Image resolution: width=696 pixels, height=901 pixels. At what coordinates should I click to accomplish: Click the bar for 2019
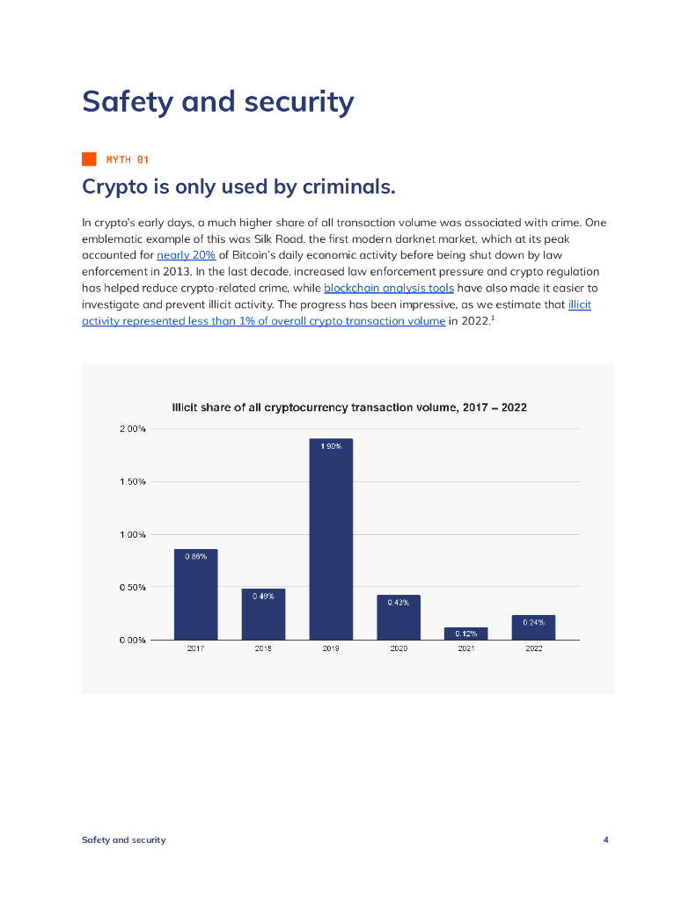click(331, 538)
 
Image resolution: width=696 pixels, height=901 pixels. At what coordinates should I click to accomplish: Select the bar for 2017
click(195, 594)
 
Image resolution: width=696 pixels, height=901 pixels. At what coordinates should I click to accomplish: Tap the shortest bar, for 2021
click(465, 634)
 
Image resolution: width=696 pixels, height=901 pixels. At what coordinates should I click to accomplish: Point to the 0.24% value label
click(533, 622)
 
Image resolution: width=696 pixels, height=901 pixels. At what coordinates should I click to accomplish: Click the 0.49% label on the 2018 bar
click(263, 596)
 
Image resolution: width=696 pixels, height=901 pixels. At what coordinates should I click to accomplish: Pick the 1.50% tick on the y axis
click(133, 482)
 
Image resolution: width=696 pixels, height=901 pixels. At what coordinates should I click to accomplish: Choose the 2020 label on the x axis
click(399, 648)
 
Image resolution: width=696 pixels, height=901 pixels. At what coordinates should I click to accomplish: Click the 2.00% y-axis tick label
click(133, 429)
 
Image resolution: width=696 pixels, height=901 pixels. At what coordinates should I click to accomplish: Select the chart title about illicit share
click(348, 407)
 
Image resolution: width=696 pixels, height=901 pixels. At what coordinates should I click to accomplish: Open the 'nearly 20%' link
click(186, 254)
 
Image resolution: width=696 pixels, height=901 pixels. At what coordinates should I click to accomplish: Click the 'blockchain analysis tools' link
click(389, 288)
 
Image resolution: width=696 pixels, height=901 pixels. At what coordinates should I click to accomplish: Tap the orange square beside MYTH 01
click(89, 159)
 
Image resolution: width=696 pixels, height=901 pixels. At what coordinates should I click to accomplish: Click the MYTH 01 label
click(128, 159)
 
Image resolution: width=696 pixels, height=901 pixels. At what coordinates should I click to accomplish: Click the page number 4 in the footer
click(605, 839)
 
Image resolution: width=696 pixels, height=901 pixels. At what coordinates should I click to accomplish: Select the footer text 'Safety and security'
click(123, 839)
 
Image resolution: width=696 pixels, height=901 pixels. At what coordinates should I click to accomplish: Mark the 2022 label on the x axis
click(533, 648)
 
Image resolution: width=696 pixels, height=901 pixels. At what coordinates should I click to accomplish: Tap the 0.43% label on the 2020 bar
click(399, 602)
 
